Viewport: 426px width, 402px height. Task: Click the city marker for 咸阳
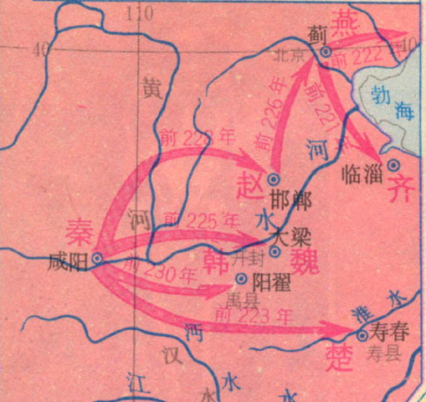(x=97, y=259)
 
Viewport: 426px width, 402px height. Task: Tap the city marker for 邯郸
(x=272, y=178)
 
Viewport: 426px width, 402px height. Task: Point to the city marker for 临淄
(x=393, y=164)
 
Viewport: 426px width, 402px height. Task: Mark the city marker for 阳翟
(x=242, y=279)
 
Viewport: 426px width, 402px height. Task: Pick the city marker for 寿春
(x=362, y=334)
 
